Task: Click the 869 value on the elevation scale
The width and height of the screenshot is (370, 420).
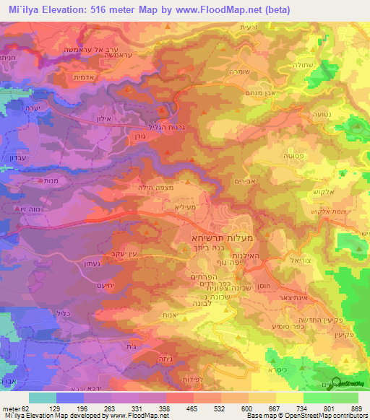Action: coord(356,408)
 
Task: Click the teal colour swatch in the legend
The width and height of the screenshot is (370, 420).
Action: coord(43,398)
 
